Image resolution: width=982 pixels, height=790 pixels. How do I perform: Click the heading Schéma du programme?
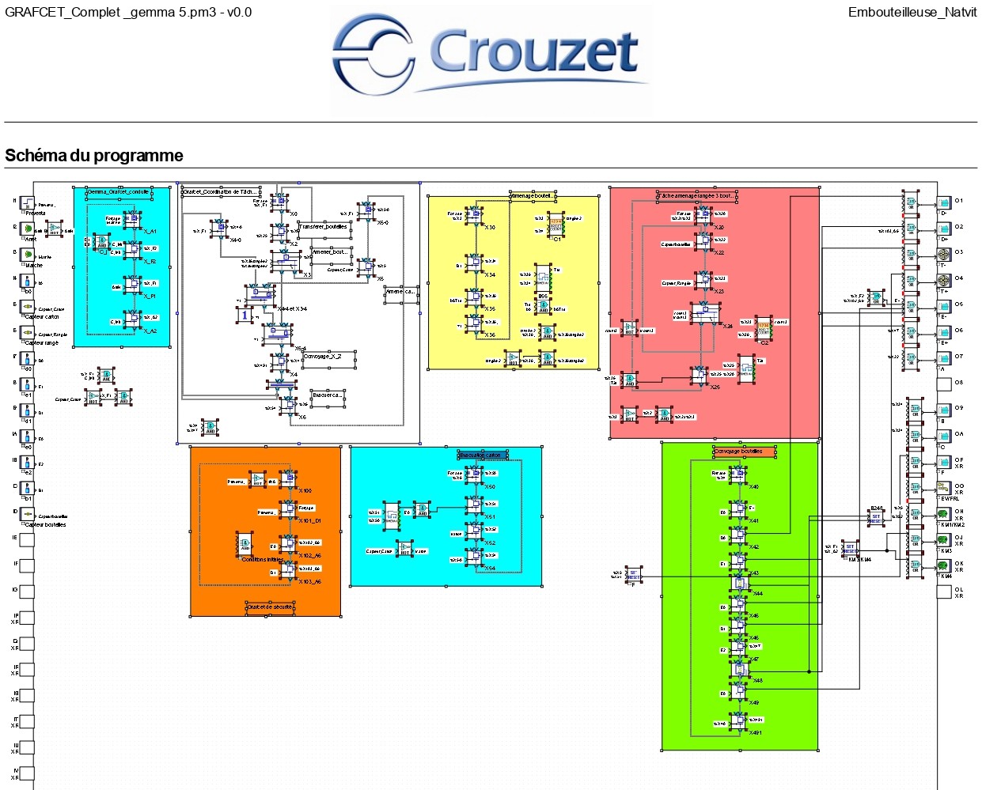tap(94, 156)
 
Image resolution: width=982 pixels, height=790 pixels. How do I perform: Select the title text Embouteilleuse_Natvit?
tap(912, 12)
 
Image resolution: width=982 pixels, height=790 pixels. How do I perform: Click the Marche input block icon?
tap(27, 255)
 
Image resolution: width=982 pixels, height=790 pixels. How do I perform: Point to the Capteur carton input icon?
tap(27, 308)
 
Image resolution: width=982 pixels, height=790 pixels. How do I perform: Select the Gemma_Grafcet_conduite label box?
tap(119, 191)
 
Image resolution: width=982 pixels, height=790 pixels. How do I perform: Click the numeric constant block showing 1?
tap(245, 316)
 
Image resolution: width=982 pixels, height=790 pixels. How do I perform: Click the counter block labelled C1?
tap(556, 223)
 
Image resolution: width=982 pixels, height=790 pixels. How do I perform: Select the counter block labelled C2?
tap(764, 329)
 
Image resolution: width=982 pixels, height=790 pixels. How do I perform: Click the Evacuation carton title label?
tap(483, 455)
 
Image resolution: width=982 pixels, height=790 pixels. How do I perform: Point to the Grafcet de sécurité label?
tap(270, 607)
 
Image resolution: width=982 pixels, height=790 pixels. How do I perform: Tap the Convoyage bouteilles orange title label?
tap(744, 452)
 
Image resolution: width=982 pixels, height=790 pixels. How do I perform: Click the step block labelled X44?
tap(739, 584)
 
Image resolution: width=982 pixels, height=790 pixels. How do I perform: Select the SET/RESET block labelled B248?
tap(876, 518)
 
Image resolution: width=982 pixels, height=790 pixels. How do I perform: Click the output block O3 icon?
tap(943, 255)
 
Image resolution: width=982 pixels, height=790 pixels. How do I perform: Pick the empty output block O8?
tap(943, 385)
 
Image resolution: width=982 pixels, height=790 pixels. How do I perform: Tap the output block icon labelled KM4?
tap(943, 567)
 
